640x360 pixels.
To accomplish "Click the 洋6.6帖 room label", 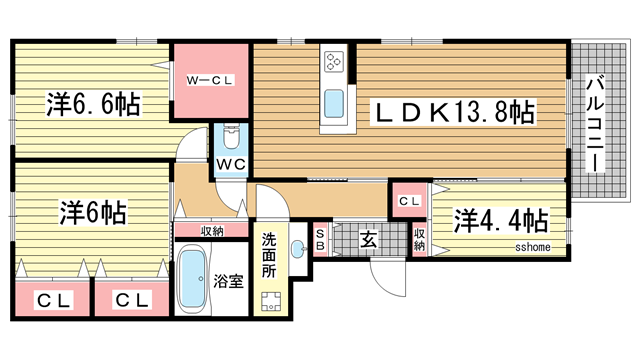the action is point(91,103).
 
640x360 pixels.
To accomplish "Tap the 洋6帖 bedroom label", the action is point(91,212).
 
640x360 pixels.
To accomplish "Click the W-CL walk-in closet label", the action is point(210,81).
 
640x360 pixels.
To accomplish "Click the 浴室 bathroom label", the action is point(228,282).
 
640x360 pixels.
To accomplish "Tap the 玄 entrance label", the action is point(368,240).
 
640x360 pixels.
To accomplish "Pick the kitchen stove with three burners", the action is point(334,65).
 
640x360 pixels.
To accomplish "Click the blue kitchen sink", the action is point(334,102).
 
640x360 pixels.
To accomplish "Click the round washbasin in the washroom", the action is point(297,247).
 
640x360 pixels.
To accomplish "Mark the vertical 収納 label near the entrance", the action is point(420,238).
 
